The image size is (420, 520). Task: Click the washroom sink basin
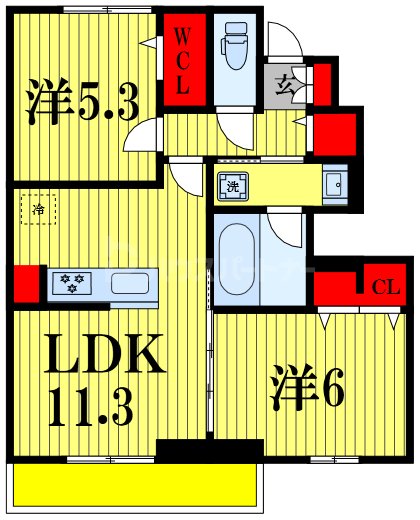pyautogui.click(x=336, y=183)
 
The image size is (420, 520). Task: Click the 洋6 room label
pyautogui.click(x=304, y=386)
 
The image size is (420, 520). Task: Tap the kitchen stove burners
pyautogui.click(x=73, y=284)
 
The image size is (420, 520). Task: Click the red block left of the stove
pyautogui.click(x=27, y=283)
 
